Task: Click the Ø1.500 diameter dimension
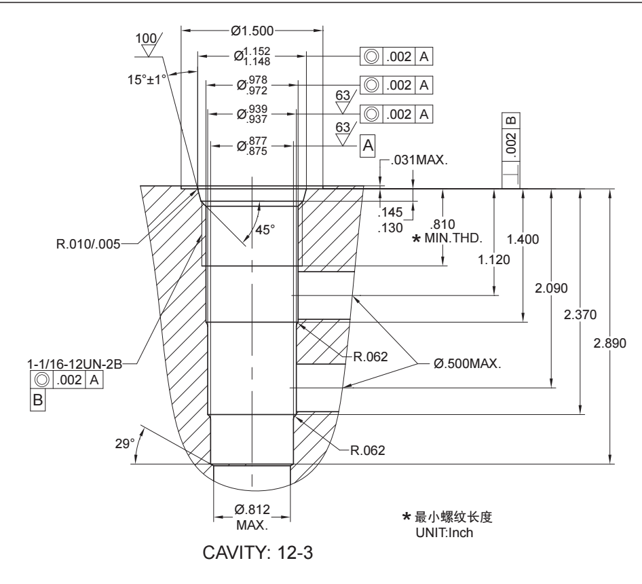[252, 31]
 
